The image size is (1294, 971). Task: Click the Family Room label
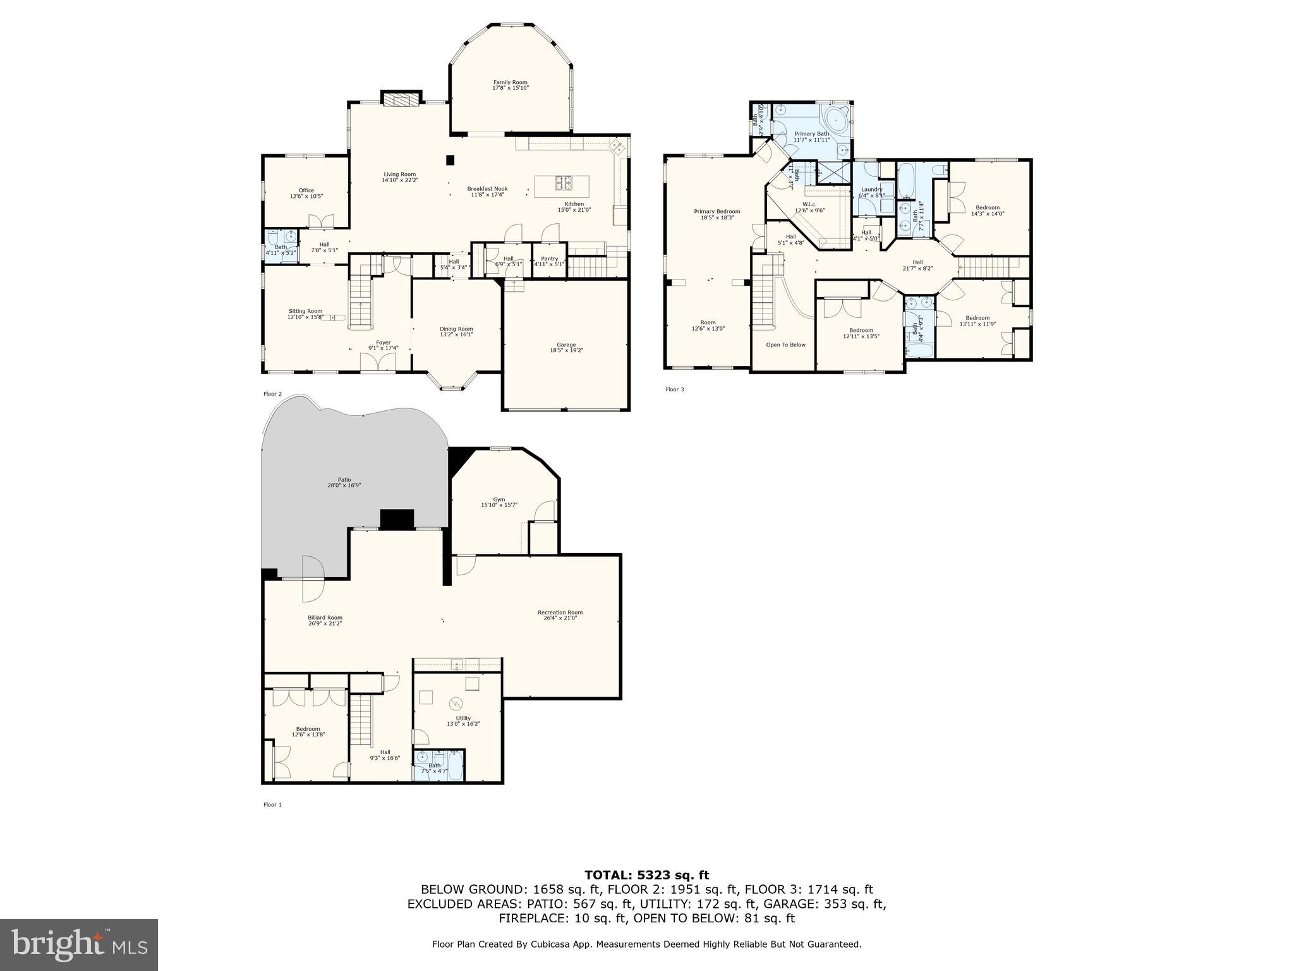click(x=510, y=82)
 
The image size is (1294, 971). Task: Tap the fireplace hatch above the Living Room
click(x=401, y=100)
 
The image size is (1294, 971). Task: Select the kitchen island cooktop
click(x=564, y=183)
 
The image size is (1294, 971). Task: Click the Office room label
click(x=306, y=190)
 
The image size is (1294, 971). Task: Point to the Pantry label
click(x=549, y=258)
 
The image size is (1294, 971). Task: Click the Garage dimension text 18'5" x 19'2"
click(x=566, y=350)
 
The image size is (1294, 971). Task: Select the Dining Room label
click(x=456, y=329)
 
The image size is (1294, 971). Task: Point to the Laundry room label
click(x=871, y=190)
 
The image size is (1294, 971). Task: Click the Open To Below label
click(x=785, y=345)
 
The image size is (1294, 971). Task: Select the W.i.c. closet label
click(x=809, y=204)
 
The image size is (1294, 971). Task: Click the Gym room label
click(x=499, y=499)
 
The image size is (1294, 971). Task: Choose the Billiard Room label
click(x=325, y=618)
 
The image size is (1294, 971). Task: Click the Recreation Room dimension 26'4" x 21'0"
click(x=560, y=618)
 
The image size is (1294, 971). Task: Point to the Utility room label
click(x=463, y=718)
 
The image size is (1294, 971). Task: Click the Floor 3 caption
click(x=674, y=389)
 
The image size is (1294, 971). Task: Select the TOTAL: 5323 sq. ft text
click(x=646, y=876)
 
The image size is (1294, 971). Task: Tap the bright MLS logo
click(x=79, y=944)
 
